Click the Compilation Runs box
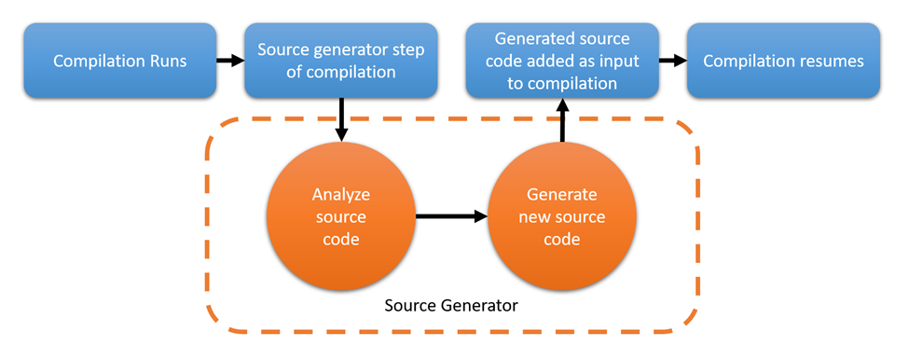119,62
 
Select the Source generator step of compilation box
340,62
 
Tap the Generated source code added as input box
561,62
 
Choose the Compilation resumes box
783,62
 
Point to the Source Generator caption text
451,305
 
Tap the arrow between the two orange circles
451,217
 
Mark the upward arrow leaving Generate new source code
562,121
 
